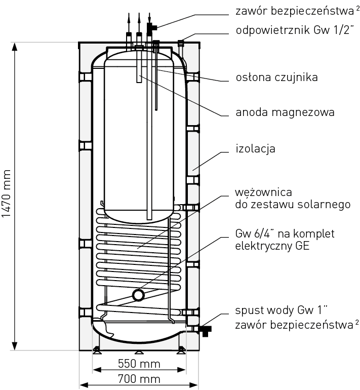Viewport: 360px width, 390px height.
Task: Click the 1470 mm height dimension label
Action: [6, 194]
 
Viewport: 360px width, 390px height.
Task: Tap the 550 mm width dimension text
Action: [139, 364]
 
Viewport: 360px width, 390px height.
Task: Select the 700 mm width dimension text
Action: [139, 379]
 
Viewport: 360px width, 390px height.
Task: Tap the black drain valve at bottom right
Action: [205, 331]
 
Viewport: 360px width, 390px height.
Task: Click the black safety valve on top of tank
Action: [151, 26]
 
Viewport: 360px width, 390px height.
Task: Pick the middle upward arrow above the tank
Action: [139, 20]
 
